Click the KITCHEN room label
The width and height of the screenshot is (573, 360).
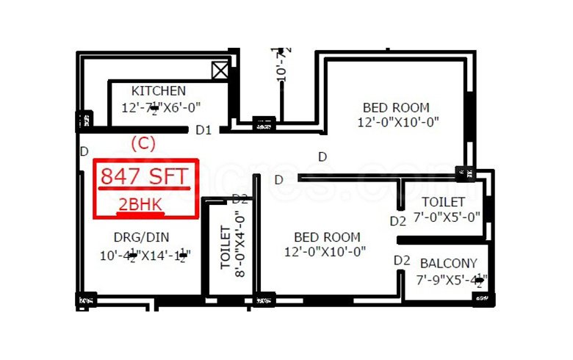[x=158, y=91]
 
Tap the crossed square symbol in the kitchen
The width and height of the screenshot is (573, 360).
[x=220, y=70]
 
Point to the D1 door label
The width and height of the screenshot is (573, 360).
[x=203, y=130]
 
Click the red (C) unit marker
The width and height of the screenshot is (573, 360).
[x=143, y=144]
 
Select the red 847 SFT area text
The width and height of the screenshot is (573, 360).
[x=144, y=176]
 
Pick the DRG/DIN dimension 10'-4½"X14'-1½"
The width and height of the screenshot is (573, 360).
[x=145, y=256]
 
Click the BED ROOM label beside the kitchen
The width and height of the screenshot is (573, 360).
[x=396, y=107]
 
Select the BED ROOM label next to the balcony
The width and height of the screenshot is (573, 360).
[x=327, y=237]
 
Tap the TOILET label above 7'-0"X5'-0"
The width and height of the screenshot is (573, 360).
[x=443, y=201]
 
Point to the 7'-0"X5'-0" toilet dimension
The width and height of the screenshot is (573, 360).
[x=447, y=217]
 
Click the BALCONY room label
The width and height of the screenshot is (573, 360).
[x=448, y=263]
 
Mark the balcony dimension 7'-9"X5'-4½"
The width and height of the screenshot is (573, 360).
[x=450, y=279]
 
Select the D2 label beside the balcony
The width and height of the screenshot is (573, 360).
[x=401, y=260]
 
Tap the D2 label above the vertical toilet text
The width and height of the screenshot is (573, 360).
[x=239, y=198]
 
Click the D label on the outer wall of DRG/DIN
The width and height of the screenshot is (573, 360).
[x=84, y=151]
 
